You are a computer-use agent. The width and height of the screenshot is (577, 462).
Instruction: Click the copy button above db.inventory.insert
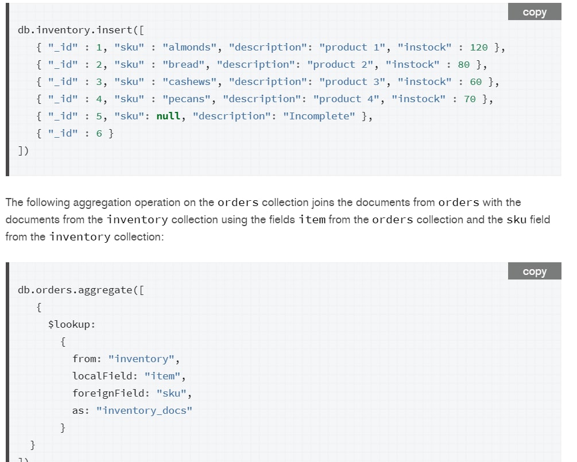coord(535,12)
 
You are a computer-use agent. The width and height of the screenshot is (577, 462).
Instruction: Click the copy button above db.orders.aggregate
coord(535,271)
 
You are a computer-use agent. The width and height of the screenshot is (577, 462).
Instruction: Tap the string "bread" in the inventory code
coord(183,65)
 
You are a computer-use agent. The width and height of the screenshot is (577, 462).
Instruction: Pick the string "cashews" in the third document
coord(189,81)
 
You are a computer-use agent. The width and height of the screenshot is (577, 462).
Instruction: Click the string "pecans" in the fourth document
coord(187,99)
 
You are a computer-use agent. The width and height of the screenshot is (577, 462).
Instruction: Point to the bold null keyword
coord(169,117)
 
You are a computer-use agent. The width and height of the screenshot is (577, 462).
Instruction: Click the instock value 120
coord(479,48)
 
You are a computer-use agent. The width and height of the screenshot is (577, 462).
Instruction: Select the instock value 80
coord(464,65)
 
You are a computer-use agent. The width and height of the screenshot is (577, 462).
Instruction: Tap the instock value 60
coord(476,81)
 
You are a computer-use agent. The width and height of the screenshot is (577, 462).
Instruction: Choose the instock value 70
coord(470,99)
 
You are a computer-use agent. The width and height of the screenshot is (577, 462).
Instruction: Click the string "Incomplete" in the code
coord(319,117)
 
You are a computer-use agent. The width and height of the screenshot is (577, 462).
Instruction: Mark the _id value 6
coord(99,134)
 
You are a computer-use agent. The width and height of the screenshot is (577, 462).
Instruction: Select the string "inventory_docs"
coord(144,410)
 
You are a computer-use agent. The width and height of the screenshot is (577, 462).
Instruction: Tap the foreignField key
coord(108,393)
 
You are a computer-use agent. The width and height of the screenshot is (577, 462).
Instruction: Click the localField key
coord(102,376)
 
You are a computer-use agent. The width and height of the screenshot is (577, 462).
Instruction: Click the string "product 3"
coord(352,81)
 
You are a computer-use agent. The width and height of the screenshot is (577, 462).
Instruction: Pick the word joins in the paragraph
coord(323,203)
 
